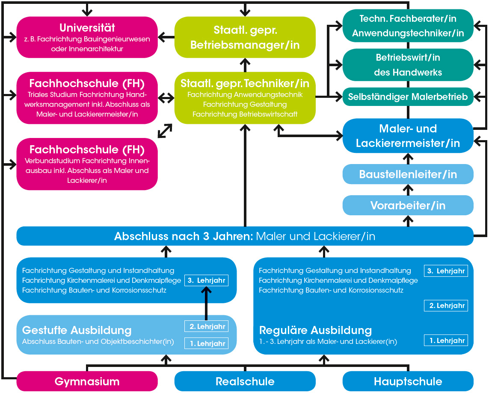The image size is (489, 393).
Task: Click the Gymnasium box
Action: [87, 381]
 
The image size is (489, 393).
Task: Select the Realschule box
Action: [245, 381]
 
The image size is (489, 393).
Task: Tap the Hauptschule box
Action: [408, 381]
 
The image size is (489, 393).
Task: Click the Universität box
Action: [87, 37]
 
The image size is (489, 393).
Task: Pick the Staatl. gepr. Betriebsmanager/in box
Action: [245, 37]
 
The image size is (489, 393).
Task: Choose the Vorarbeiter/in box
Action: [408, 205]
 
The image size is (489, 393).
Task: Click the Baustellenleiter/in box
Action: [408, 174]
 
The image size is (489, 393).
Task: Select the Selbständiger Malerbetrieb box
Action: [408, 97]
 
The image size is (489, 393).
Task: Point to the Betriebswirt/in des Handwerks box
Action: [408, 65]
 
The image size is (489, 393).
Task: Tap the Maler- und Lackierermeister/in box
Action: [408, 135]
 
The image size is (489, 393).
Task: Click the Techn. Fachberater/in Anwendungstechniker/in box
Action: [408, 26]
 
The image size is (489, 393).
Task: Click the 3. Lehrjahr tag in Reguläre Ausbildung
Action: [446, 271]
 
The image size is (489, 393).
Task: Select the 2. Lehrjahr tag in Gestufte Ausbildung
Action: [207, 326]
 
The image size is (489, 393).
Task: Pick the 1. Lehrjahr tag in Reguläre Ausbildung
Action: [446, 340]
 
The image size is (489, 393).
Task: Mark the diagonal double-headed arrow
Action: [165, 131]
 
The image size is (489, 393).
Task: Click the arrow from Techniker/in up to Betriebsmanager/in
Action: [245, 65]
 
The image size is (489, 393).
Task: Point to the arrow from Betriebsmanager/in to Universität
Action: [166, 37]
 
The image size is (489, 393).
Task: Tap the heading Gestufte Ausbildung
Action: [77, 330]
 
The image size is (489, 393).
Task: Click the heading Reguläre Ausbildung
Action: [315, 330]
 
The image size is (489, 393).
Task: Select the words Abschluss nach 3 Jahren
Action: [184, 236]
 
